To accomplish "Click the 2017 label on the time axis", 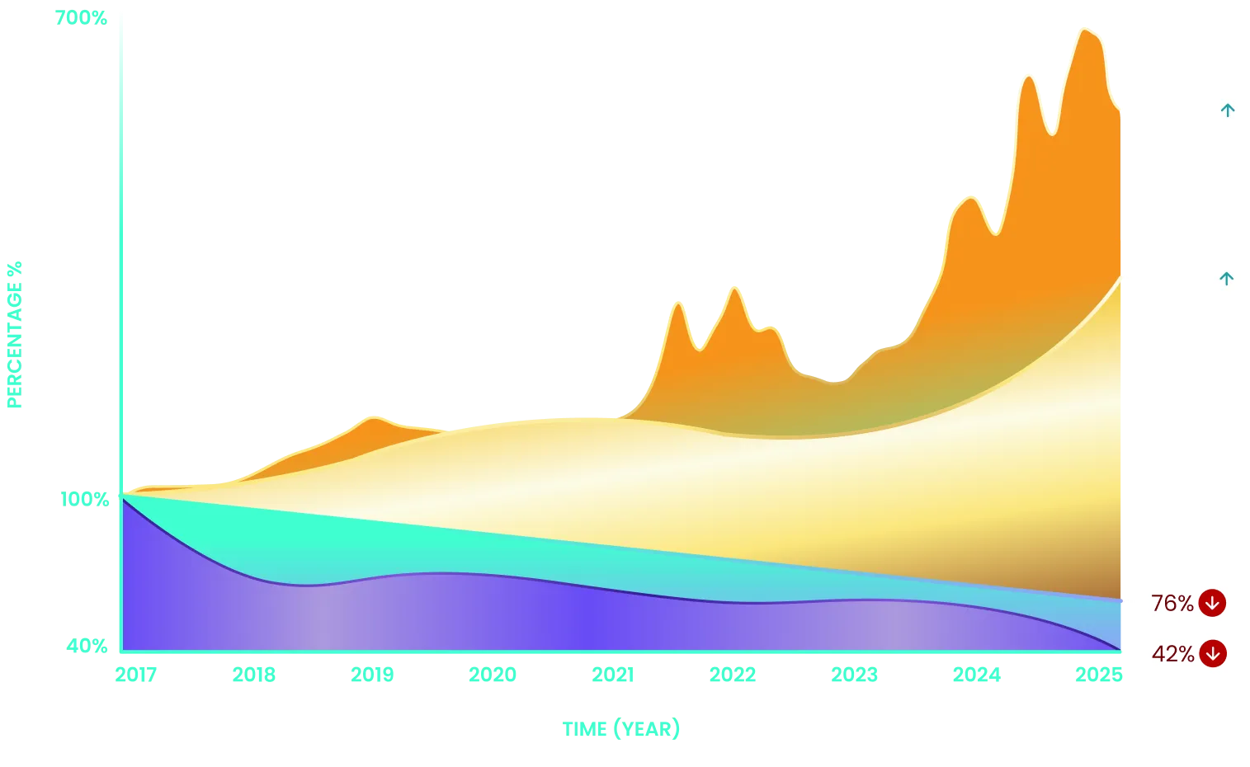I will pos(135,675).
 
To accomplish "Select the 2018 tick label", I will pos(253,675).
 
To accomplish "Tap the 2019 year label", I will pos(373,675).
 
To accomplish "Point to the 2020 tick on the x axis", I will pos(493,675).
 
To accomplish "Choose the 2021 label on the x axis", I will pos(611,675).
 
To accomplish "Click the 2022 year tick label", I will pos(733,675).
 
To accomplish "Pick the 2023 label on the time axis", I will pos(854,675).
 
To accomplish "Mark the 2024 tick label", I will pos(976,675).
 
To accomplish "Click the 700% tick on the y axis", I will pos(82,16).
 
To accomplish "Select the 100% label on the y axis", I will pos(84,499).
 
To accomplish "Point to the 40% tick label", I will pos(87,645).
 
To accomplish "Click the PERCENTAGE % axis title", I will pos(16,333).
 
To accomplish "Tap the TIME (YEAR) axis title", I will pos(620,729).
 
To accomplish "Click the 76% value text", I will pos(1172,604).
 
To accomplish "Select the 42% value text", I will pos(1172,654).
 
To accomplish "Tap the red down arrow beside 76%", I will pos(1211,603).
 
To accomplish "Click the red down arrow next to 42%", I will pos(1212,654).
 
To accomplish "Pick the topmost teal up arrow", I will pos(1228,111).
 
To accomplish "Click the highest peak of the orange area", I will pos(1084,31).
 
